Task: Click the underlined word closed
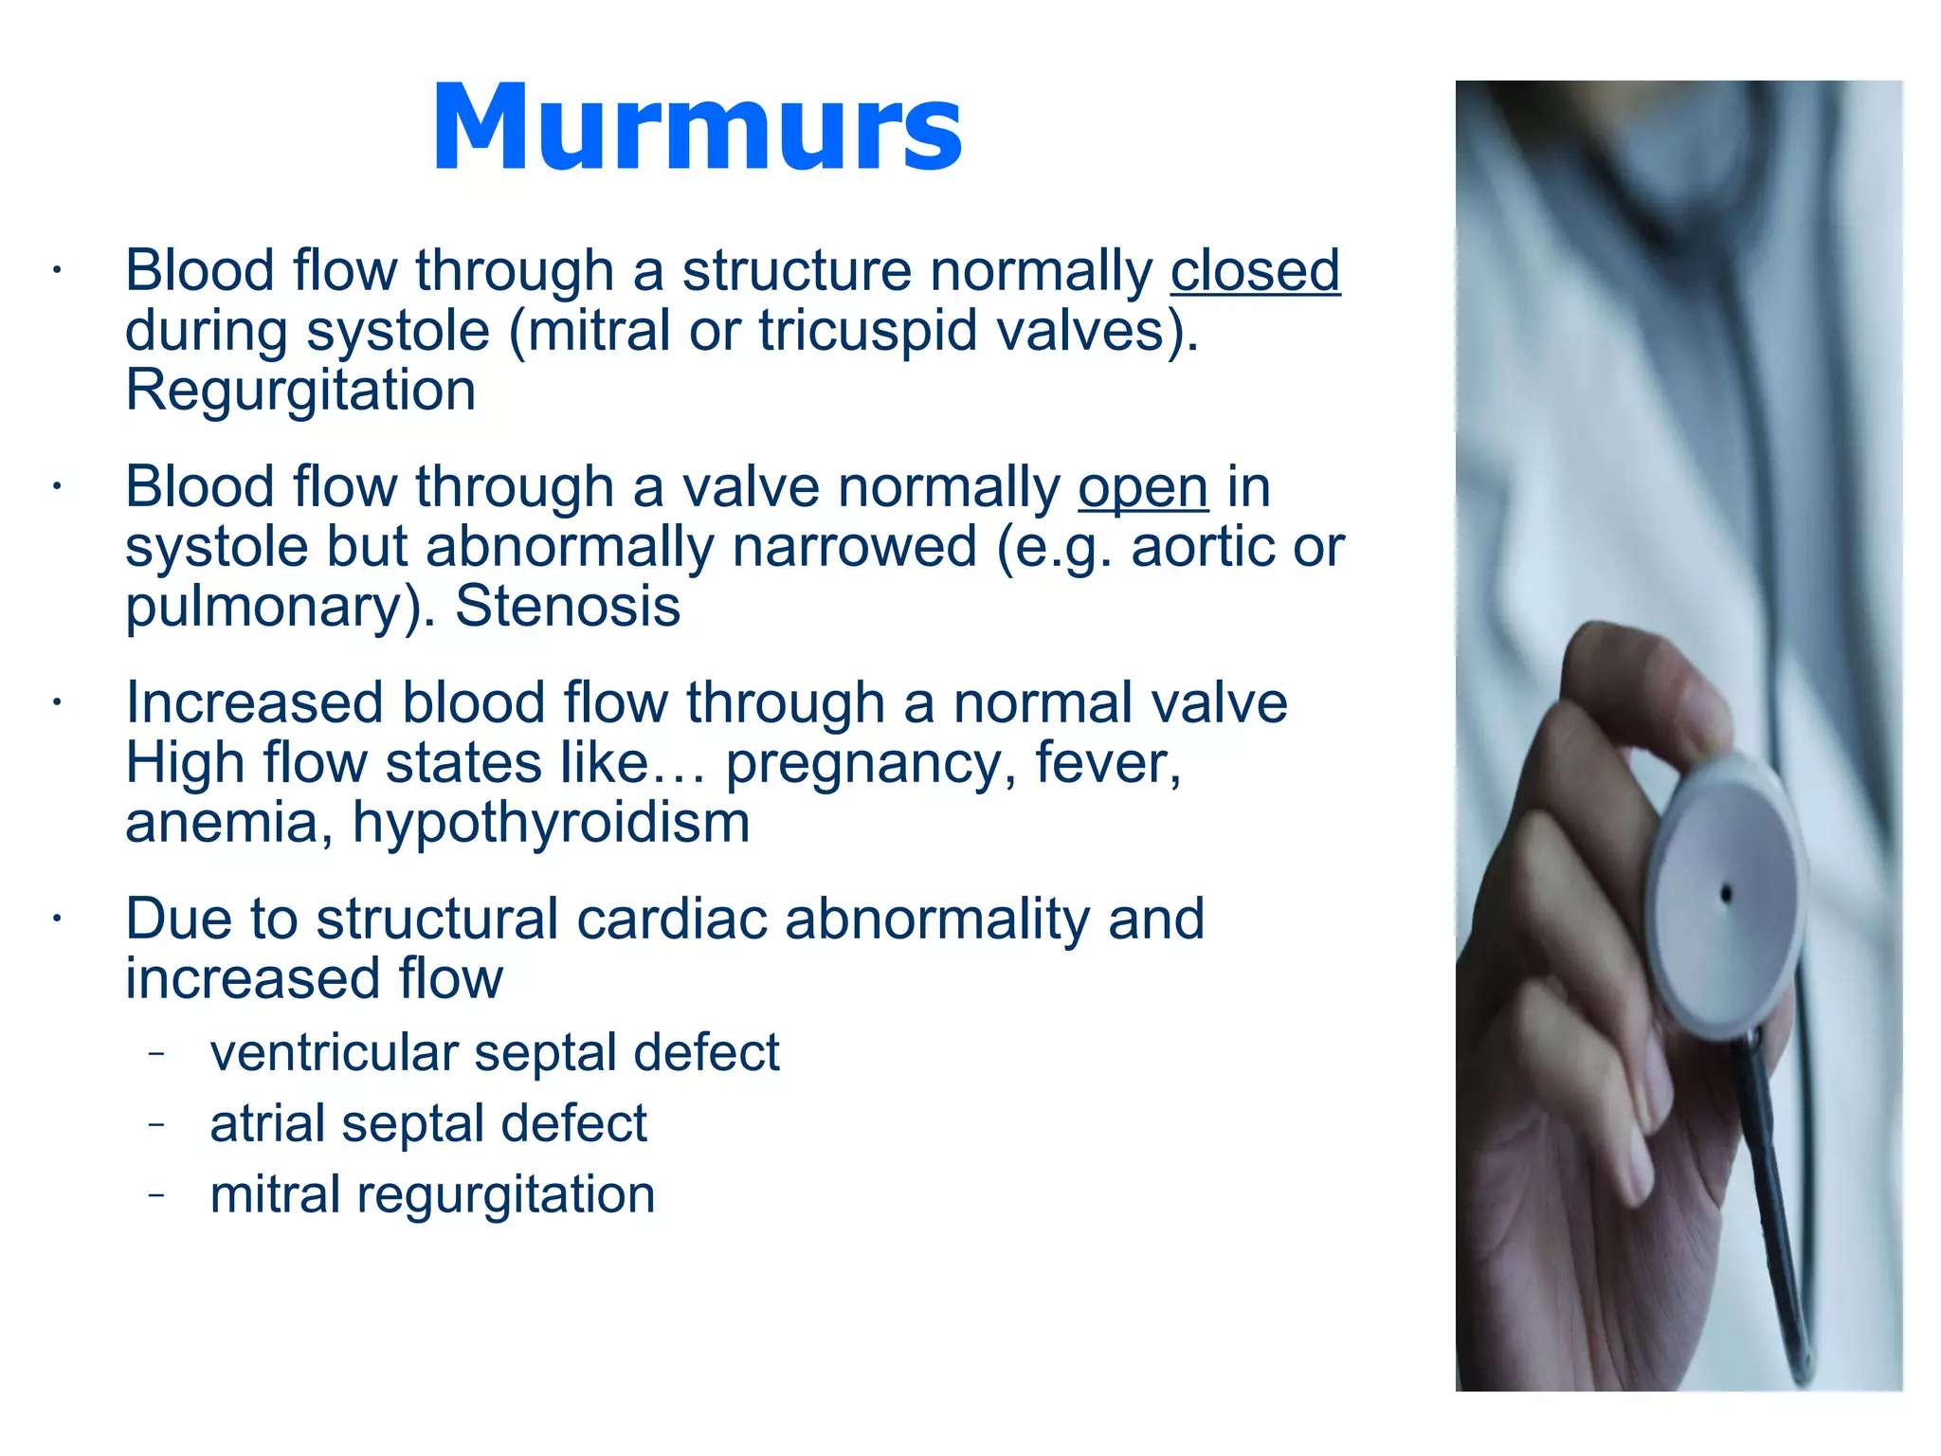[1255, 272]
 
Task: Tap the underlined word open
[1143, 488]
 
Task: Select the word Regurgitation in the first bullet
[300, 391]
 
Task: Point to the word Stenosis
[567, 607]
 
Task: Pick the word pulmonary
[265, 609]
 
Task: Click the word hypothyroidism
[551, 824]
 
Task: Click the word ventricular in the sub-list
[334, 1053]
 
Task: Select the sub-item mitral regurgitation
[432, 1195]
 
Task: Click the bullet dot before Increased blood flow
[57, 703]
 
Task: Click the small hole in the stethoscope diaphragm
[1726, 893]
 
